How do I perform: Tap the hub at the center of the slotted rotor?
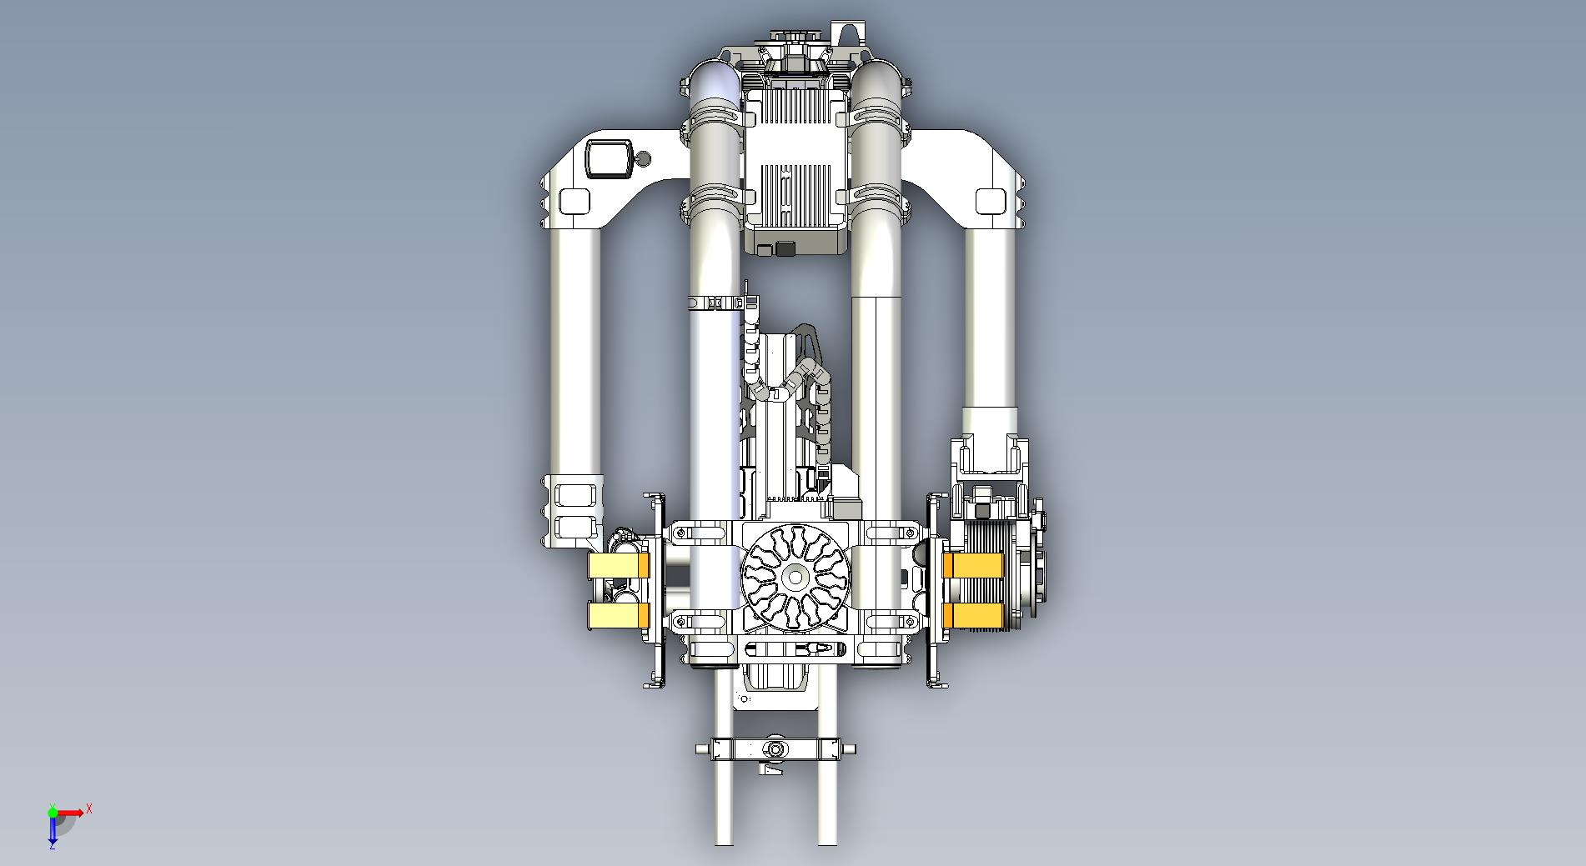[795, 577]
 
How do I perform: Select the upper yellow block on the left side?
[619, 567]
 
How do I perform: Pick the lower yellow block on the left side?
[619, 615]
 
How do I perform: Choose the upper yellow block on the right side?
[972, 566]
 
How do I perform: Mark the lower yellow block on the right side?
[972, 615]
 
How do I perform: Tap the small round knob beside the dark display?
[643, 158]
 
